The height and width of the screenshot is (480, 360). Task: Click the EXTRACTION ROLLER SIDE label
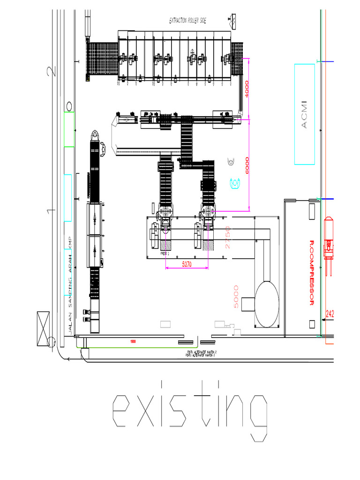[x=187, y=21]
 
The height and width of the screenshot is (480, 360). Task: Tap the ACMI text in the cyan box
[x=304, y=114]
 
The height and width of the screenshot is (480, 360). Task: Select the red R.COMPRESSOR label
[x=312, y=273]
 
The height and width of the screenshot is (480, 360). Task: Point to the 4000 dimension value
[x=247, y=89]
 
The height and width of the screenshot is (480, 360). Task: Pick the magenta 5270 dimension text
[x=187, y=264]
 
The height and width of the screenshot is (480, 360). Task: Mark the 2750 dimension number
[x=228, y=237]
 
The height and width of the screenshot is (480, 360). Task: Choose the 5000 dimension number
[x=236, y=296]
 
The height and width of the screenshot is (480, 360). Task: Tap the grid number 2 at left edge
[x=51, y=71]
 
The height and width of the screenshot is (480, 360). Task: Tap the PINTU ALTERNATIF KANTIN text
[x=202, y=352]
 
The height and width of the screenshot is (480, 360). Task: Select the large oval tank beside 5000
[x=266, y=303]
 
